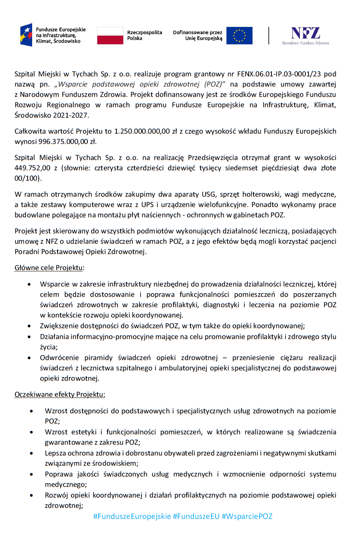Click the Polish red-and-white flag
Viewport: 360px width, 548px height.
110,36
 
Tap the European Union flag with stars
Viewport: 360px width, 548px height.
239,36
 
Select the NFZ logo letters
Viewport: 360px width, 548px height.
305,33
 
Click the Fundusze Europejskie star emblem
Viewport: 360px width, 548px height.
26,35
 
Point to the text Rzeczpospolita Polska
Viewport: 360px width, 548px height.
145,35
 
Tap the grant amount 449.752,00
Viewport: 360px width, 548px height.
32,168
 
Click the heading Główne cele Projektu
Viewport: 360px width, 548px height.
49,268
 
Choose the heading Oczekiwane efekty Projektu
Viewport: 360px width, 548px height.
60,395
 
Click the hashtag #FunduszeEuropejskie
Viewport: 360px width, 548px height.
132,517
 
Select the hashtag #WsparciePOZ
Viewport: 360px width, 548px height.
247,517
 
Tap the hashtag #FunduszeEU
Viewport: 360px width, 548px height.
196,517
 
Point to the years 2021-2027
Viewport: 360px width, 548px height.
70,115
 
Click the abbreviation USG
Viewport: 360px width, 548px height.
208,194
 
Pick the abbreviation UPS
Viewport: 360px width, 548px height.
148,205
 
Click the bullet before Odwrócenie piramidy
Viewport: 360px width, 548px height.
29,358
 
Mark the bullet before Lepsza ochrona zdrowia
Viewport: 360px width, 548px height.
31,454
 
